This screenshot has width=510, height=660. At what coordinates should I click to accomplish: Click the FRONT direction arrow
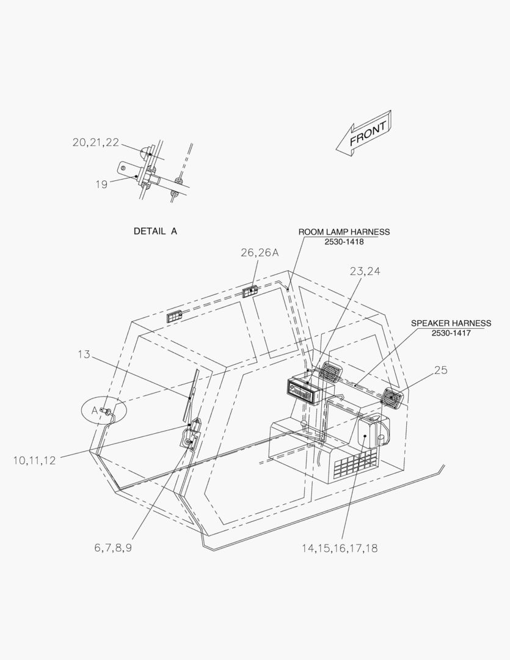(x=365, y=133)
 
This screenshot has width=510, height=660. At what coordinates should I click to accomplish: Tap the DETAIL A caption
(x=155, y=231)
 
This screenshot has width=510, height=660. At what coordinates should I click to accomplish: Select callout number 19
(x=101, y=185)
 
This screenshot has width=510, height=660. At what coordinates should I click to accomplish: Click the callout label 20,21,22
(x=96, y=142)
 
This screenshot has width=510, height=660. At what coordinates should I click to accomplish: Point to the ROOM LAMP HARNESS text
(x=344, y=232)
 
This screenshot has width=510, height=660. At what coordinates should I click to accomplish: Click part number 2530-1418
(x=344, y=242)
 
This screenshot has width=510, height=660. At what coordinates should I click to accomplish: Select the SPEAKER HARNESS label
(x=451, y=323)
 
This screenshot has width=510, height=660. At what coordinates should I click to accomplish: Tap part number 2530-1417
(x=451, y=334)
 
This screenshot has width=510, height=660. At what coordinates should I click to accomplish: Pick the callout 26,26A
(x=260, y=252)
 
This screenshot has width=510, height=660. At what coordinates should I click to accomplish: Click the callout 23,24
(x=365, y=271)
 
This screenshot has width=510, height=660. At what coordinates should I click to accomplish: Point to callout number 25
(x=440, y=370)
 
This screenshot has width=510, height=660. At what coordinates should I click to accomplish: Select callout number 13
(x=84, y=354)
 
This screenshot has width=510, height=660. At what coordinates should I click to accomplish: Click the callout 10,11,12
(x=34, y=461)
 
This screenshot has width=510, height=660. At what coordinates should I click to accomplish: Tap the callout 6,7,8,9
(x=113, y=548)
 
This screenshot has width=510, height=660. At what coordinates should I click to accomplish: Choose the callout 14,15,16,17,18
(x=340, y=548)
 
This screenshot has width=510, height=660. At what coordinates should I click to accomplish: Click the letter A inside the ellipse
(x=95, y=410)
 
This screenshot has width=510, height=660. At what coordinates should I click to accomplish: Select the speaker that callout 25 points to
(x=392, y=397)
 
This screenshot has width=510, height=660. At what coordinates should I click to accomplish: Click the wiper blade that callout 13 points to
(x=191, y=395)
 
